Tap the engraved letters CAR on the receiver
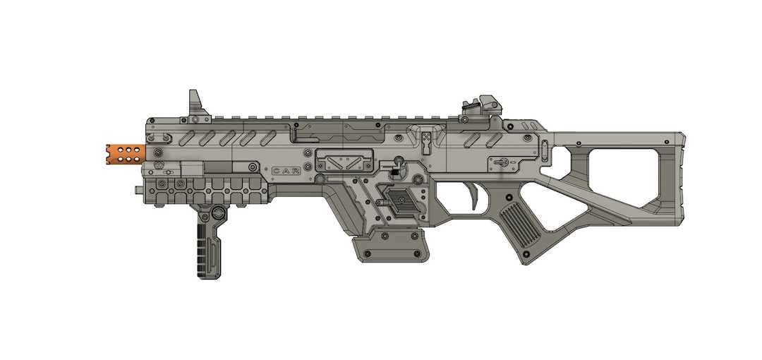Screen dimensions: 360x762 click(x=286, y=171)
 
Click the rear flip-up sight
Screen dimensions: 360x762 click(x=482, y=107)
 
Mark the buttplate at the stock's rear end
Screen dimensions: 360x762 click(x=678, y=176)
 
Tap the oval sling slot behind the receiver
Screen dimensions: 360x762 click(x=545, y=150)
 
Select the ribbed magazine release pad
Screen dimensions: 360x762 click(x=399, y=204)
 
